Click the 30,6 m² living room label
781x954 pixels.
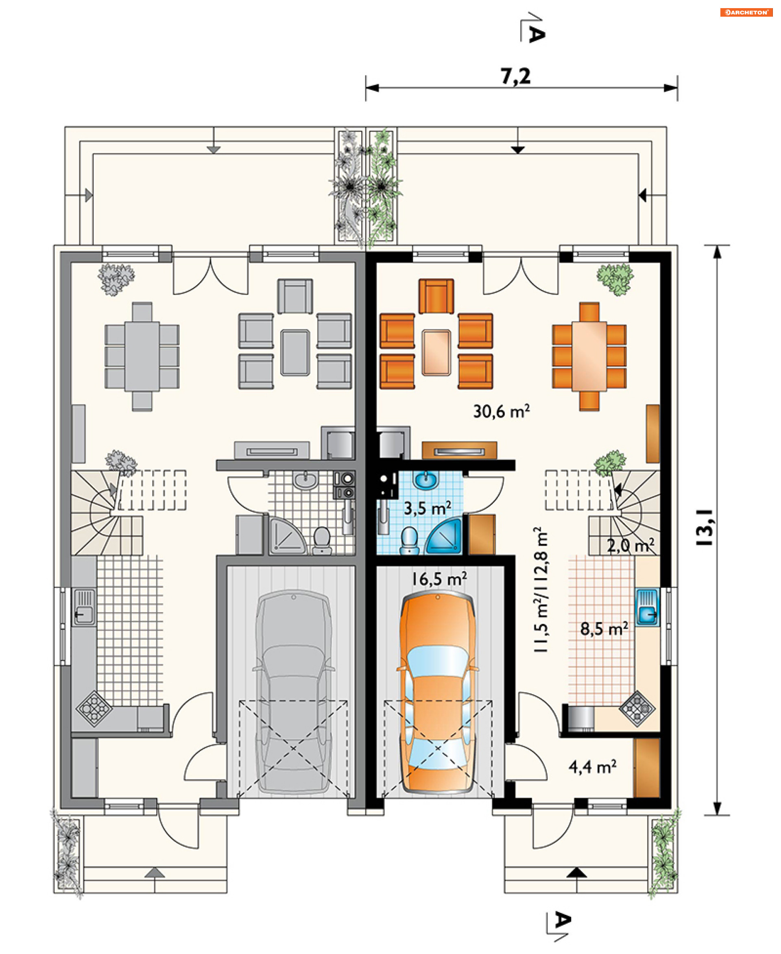501,411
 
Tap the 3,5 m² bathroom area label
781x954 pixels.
428,509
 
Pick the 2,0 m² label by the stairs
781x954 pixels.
630,546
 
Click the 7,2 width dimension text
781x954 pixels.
516,76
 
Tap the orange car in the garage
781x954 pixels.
438,693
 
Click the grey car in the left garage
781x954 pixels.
293,693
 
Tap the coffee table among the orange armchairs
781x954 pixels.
436,352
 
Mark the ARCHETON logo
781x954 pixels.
746,13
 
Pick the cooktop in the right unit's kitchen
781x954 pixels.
637,709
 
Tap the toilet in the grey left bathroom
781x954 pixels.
322,540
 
